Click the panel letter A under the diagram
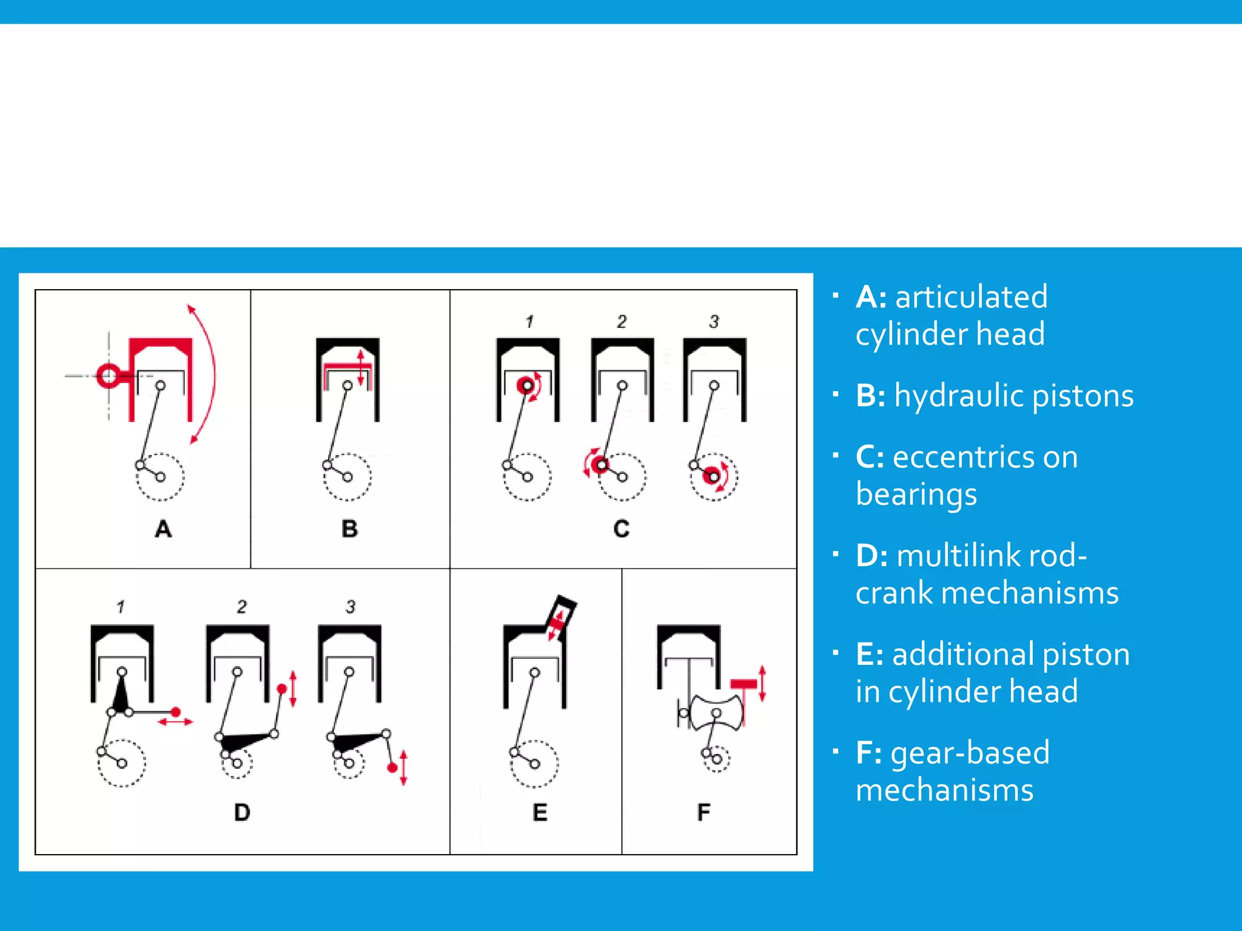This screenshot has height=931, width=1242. [163, 529]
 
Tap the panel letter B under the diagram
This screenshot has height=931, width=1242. [349, 529]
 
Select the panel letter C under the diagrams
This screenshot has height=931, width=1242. [622, 529]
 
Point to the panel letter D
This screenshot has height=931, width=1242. [242, 812]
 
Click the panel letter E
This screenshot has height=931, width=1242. [540, 812]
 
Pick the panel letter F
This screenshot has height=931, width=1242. [703, 812]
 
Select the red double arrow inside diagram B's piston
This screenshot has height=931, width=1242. [361, 368]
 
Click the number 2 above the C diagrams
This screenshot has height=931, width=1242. [622, 321]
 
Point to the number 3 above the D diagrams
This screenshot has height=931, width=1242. [351, 607]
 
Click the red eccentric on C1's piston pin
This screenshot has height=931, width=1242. [527, 385]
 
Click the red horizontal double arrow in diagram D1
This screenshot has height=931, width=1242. [175, 722]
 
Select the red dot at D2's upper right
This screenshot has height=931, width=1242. [281, 689]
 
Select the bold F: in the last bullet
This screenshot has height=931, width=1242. [868, 753]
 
